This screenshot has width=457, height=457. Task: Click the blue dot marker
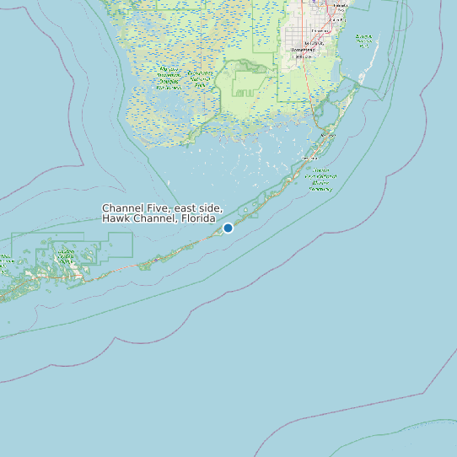[x=228, y=228]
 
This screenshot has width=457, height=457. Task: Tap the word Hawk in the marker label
[x=116, y=219]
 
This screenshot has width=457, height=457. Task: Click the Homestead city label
[x=302, y=50]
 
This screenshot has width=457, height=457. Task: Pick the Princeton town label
[x=321, y=31]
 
